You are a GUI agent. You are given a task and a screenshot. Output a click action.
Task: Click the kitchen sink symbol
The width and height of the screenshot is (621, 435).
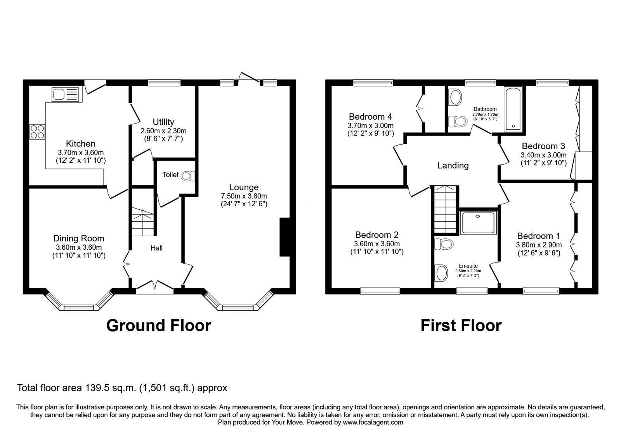(65, 94)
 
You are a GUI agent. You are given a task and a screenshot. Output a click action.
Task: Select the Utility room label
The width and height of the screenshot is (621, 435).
(163, 122)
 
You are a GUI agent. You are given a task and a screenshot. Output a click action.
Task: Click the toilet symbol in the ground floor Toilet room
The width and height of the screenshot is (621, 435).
(188, 176)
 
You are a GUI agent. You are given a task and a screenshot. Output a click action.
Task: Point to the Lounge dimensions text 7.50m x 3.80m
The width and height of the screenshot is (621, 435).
(244, 196)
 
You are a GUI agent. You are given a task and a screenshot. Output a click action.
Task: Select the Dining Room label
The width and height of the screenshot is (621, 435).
(79, 238)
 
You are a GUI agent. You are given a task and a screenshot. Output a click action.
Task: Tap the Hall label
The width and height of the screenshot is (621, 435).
(156, 248)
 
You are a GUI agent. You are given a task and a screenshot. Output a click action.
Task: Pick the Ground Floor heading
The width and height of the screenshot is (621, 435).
(158, 325)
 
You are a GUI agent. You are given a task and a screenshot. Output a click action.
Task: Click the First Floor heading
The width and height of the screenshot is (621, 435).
(461, 325)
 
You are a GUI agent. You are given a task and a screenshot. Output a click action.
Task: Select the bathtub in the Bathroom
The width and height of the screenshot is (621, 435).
(513, 109)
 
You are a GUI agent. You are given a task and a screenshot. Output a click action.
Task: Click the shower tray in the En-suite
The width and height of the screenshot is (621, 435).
(478, 223)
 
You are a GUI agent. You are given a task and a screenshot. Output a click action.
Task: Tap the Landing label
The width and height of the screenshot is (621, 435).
(453, 165)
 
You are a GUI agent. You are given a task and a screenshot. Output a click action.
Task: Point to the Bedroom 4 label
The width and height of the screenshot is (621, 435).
(370, 117)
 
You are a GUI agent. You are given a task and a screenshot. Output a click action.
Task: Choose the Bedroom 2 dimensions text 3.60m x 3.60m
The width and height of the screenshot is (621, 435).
(376, 244)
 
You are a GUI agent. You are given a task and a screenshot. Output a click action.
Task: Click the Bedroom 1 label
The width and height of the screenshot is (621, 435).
(538, 236)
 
